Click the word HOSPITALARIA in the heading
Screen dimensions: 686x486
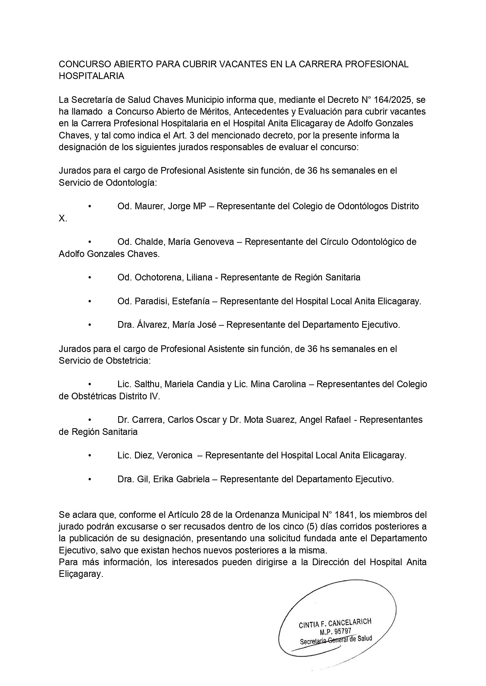click(x=91, y=76)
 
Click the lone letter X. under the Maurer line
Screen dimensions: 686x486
click(x=63, y=218)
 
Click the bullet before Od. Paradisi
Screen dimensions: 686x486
click(x=90, y=302)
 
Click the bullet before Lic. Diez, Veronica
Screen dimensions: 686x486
click(x=90, y=456)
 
